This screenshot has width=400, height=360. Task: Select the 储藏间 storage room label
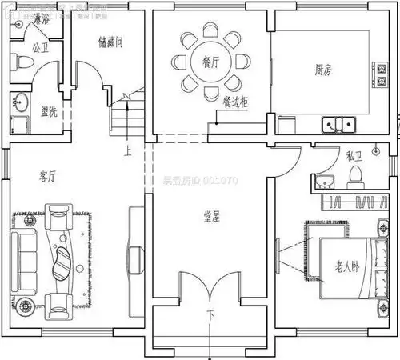point(110,41)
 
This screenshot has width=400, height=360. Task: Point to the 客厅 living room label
point(47,174)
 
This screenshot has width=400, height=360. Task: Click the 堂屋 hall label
point(210,217)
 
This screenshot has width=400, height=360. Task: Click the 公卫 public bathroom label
point(41,47)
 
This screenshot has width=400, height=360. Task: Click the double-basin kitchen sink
point(339,124)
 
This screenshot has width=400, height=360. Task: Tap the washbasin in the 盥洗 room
point(19,103)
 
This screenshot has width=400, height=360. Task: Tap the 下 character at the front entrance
point(210,315)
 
